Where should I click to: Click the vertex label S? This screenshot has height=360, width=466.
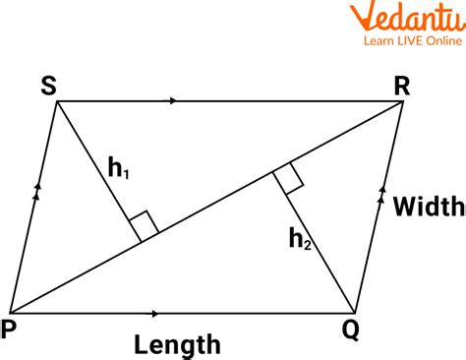[x=48, y=85]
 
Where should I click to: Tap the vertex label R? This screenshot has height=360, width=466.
[x=401, y=85]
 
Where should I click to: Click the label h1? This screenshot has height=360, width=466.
[x=119, y=171]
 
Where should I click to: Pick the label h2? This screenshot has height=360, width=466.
[x=299, y=237]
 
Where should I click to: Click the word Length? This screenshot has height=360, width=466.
[x=178, y=344]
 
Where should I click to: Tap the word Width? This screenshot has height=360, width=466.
[x=429, y=208]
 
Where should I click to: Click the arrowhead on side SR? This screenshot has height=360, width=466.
[x=174, y=100]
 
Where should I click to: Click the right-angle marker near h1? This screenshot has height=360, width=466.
[x=144, y=225]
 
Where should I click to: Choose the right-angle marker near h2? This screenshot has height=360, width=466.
[x=287, y=180]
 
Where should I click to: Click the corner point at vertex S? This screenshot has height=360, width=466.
[x=55, y=100]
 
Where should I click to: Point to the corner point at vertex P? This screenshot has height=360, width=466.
[x=10, y=314]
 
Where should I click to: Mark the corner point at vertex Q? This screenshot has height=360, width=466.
[x=356, y=314]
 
